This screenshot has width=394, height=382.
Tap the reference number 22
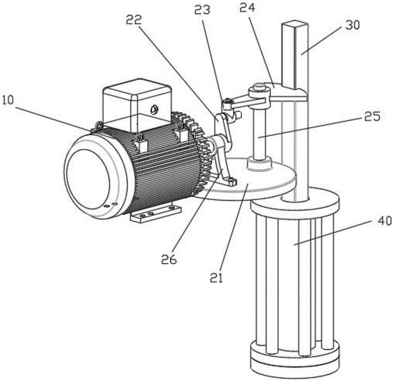click(134, 20)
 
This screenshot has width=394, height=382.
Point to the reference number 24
click(247, 8)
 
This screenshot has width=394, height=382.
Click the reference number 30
click(353, 25)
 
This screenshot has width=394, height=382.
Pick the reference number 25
click(372, 116)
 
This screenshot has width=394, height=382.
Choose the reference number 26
click(169, 259)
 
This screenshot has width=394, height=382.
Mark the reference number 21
click(217, 278)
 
